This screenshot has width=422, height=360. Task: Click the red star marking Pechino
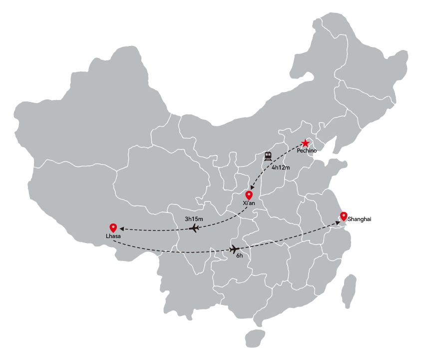(305, 143)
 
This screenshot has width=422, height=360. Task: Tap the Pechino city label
(307, 150)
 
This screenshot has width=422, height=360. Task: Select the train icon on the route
(268, 156)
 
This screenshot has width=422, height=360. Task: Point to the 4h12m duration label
(281, 167)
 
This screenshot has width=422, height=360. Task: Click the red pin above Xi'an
(249, 195)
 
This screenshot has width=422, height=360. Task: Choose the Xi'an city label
(249, 203)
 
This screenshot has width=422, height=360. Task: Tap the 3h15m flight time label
(194, 219)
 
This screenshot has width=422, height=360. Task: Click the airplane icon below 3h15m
(194, 228)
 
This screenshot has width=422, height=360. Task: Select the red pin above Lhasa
(113, 228)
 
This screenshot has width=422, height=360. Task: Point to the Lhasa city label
(113, 236)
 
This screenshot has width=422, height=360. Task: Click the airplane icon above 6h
(235, 249)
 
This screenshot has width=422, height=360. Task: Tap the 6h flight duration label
(240, 255)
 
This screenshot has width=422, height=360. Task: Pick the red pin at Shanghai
(344, 216)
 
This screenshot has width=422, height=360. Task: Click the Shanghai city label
(359, 219)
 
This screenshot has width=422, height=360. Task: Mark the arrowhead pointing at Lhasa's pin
(122, 229)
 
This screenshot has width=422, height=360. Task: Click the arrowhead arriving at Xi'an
(252, 187)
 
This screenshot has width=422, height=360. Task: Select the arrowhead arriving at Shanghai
(338, 223)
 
